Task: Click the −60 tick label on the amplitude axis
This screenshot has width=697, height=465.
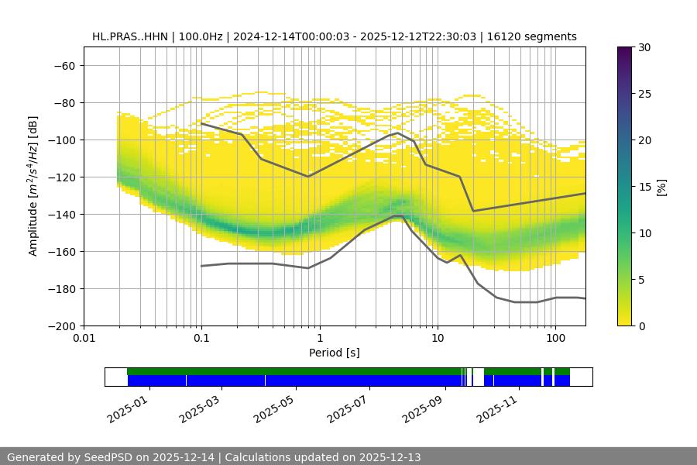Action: pos(63,65)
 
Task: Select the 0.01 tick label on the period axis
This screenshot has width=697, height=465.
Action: pos(84,339)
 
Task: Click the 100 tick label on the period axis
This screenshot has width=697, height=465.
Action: pos(555,339)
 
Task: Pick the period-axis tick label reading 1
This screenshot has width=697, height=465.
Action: pos(320,339)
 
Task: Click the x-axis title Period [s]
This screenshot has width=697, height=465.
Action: pos(335,353)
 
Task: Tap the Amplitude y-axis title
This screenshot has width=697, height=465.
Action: pos(33,186)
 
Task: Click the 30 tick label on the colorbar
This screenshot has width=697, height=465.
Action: pos(644,47)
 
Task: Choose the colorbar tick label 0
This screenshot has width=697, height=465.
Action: pos(642,325)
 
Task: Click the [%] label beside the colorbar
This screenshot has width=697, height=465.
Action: pos(662,186)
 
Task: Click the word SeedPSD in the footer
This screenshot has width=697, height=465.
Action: pos(109,457)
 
